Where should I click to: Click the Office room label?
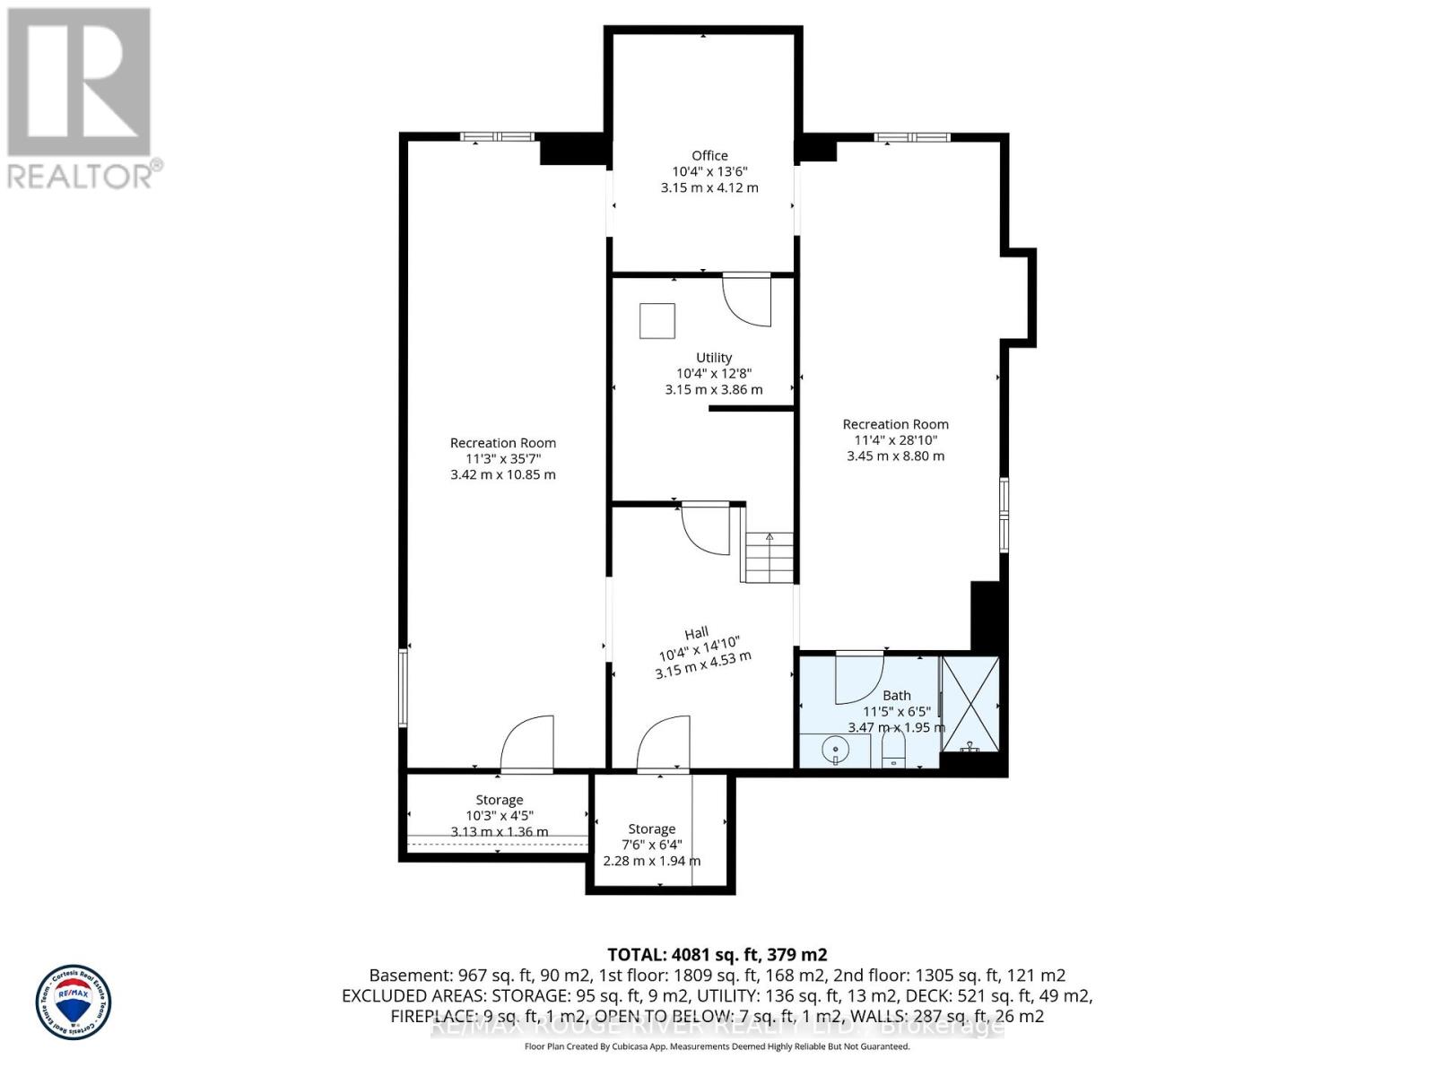point(709,156)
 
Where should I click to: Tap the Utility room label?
point(714,357)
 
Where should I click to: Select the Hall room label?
point(697,633)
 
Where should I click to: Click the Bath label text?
point(896,695)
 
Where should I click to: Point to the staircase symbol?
point(769,557)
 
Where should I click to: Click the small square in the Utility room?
point(657,321)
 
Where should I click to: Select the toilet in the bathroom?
point(893,749)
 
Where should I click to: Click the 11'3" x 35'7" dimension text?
point(503,458)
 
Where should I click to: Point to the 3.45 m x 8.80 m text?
point(895,456)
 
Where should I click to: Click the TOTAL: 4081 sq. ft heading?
point(717,954)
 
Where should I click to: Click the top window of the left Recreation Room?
point(497,136)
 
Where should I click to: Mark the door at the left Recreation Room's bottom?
point(527,744)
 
